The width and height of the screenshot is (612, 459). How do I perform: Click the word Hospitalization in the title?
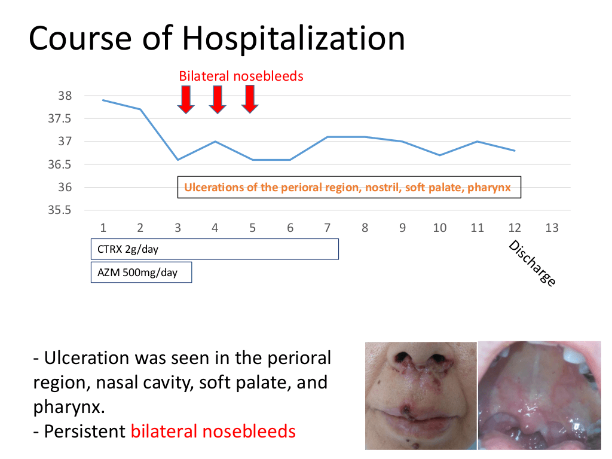click(293, 39)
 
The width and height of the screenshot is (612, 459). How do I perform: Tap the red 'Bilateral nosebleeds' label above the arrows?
click(241, 76)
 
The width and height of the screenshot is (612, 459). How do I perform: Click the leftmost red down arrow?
click(186, 100)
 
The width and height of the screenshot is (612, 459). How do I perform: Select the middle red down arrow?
click(218, 100)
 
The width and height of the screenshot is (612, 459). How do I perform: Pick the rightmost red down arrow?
click(249, 100)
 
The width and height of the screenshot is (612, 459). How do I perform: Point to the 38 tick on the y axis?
click(65, 96)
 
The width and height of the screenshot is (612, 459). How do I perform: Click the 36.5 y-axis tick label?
click(60, 164)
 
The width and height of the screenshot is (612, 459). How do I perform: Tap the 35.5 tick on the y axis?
click(60, 210)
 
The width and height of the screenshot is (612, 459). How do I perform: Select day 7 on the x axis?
click(327, 228)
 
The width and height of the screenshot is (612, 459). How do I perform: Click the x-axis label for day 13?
click(552, 228)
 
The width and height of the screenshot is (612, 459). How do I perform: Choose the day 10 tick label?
click(439, 228)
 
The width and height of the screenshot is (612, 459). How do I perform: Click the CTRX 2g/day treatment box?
click(215, 249)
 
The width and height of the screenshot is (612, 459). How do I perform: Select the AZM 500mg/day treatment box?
click(141, 272)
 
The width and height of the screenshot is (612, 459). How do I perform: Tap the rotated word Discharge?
click(533, 263)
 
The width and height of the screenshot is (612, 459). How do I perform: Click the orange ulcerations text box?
click(349, 187)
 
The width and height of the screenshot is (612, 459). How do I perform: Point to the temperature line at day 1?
click(103, 100)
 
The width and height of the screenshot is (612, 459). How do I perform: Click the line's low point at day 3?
click(178, 160)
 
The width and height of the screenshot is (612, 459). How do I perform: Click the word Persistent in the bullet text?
click(85, 432)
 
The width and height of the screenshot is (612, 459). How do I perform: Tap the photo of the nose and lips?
click(421, 396)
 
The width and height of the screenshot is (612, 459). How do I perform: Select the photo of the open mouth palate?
click(540, 396)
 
